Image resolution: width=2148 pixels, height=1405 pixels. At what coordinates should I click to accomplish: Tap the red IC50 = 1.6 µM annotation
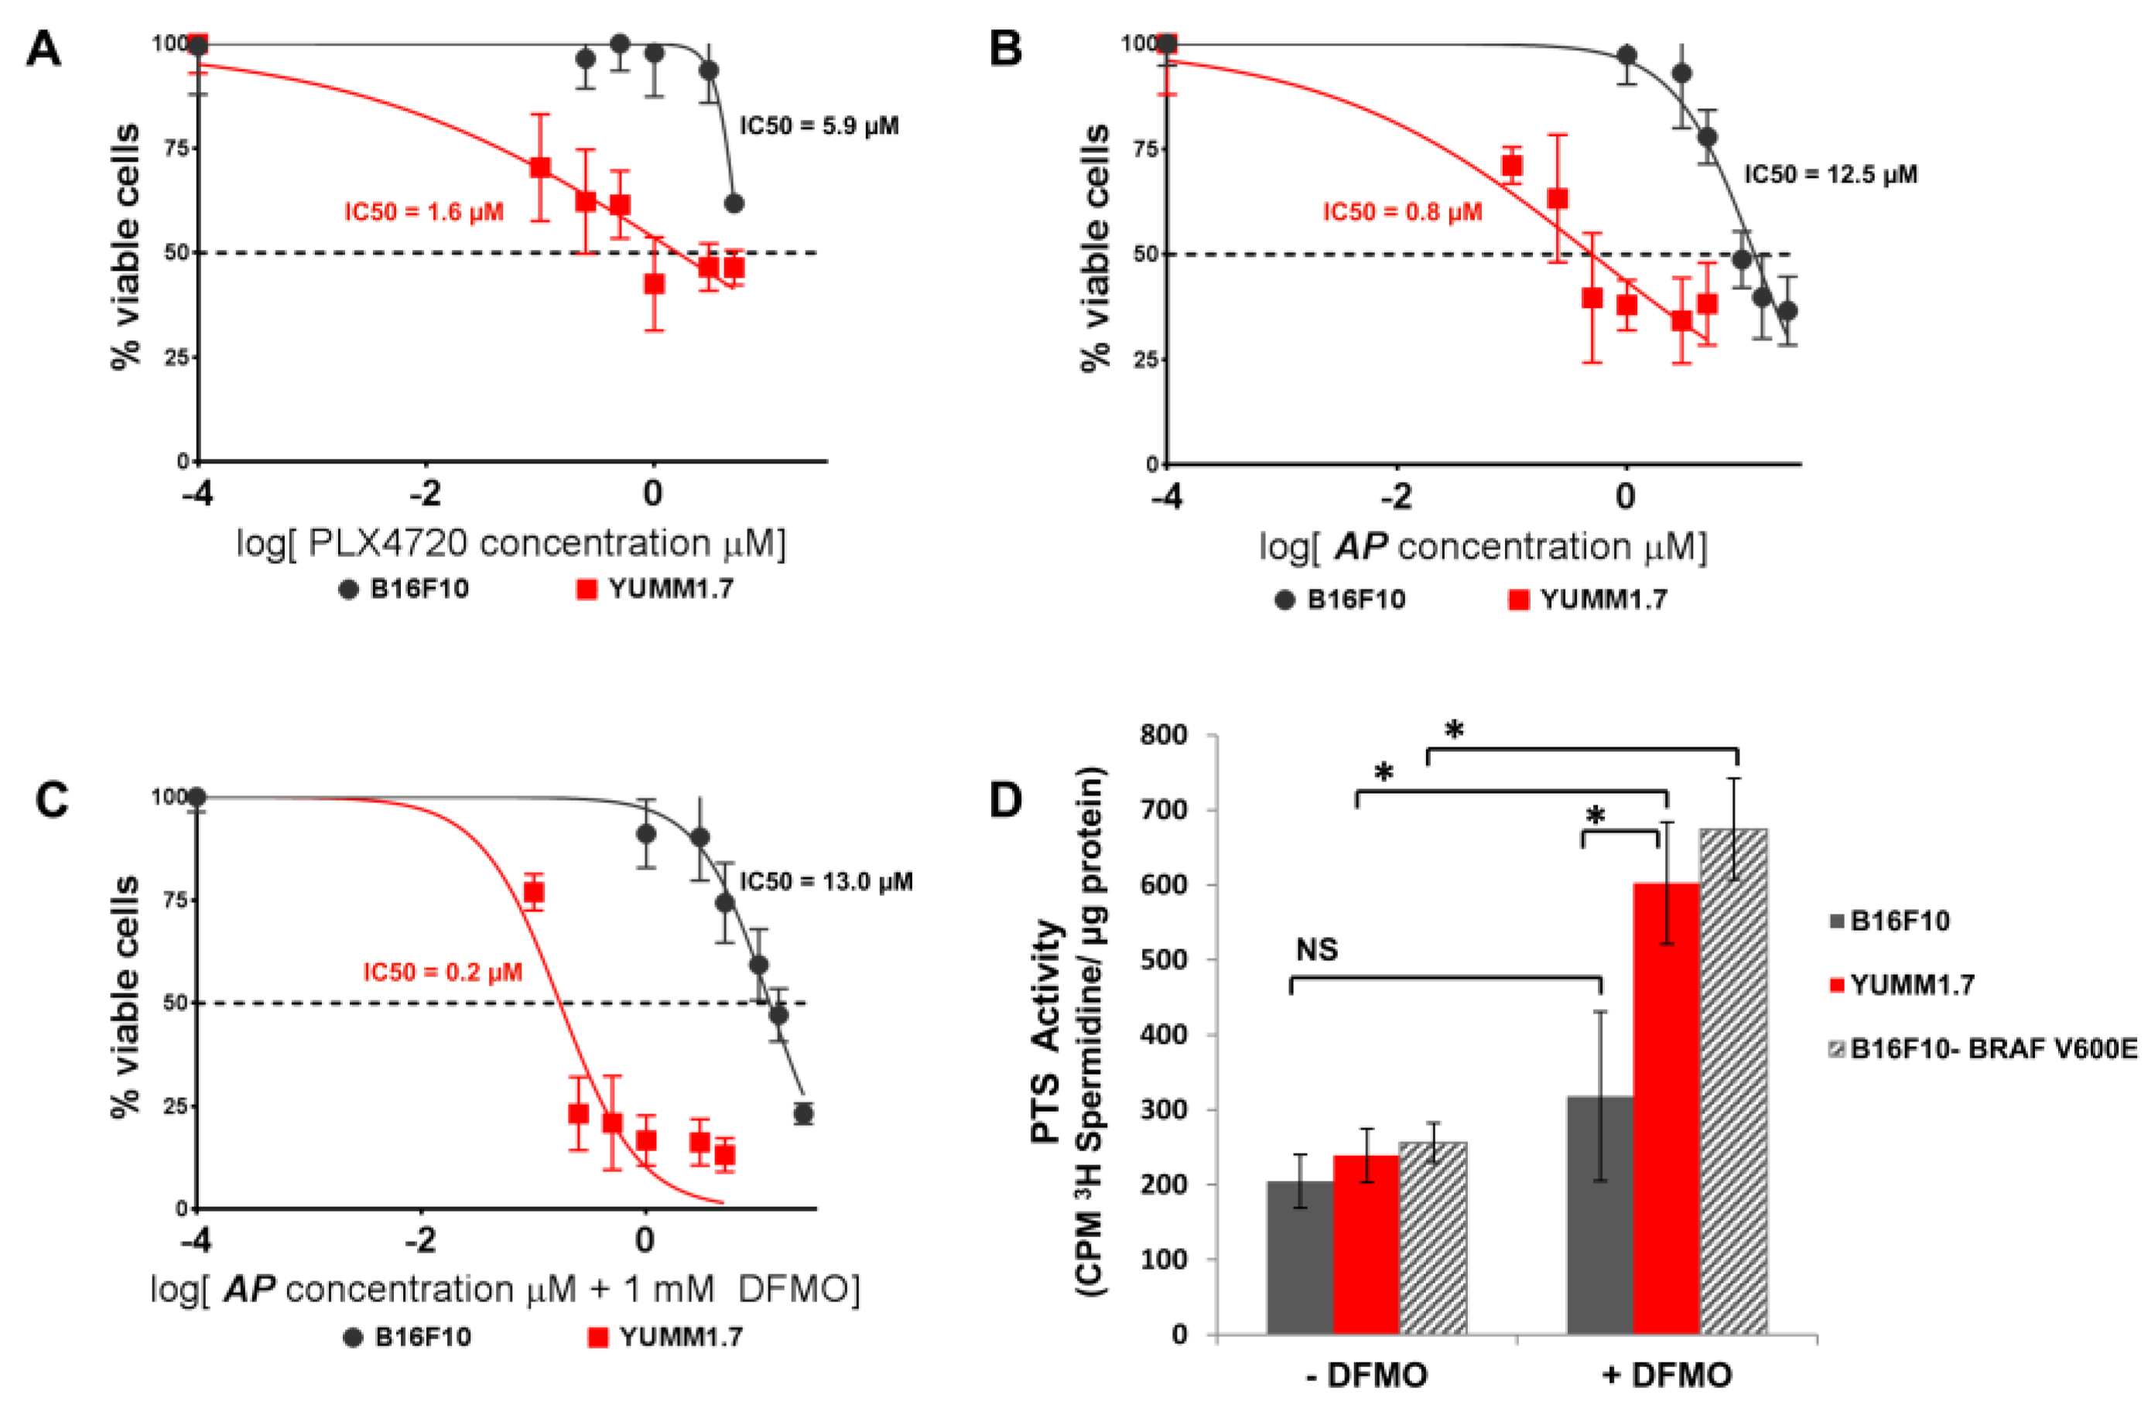[423, 212]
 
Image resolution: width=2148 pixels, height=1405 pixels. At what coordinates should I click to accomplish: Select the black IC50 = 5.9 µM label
[819, 125]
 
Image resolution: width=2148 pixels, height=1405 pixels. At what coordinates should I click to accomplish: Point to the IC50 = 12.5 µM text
[1829, 174]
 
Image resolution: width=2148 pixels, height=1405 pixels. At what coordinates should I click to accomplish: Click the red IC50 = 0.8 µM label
[1401, 212]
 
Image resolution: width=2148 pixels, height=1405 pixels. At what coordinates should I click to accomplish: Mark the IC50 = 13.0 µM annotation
[826, 882]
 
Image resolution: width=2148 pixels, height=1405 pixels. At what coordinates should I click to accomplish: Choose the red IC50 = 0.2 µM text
[443, 972]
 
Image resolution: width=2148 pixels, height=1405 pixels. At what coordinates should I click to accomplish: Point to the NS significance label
[1317, 949]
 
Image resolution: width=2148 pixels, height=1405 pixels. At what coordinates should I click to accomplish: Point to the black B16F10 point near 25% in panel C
[802, 1113]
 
